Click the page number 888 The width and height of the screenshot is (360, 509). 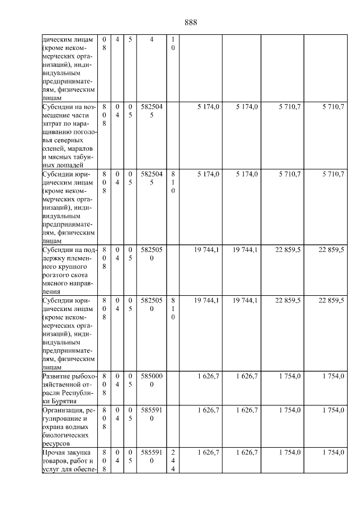click(x=191, y=22)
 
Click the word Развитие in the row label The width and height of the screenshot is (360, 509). click(x=57, y=376)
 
